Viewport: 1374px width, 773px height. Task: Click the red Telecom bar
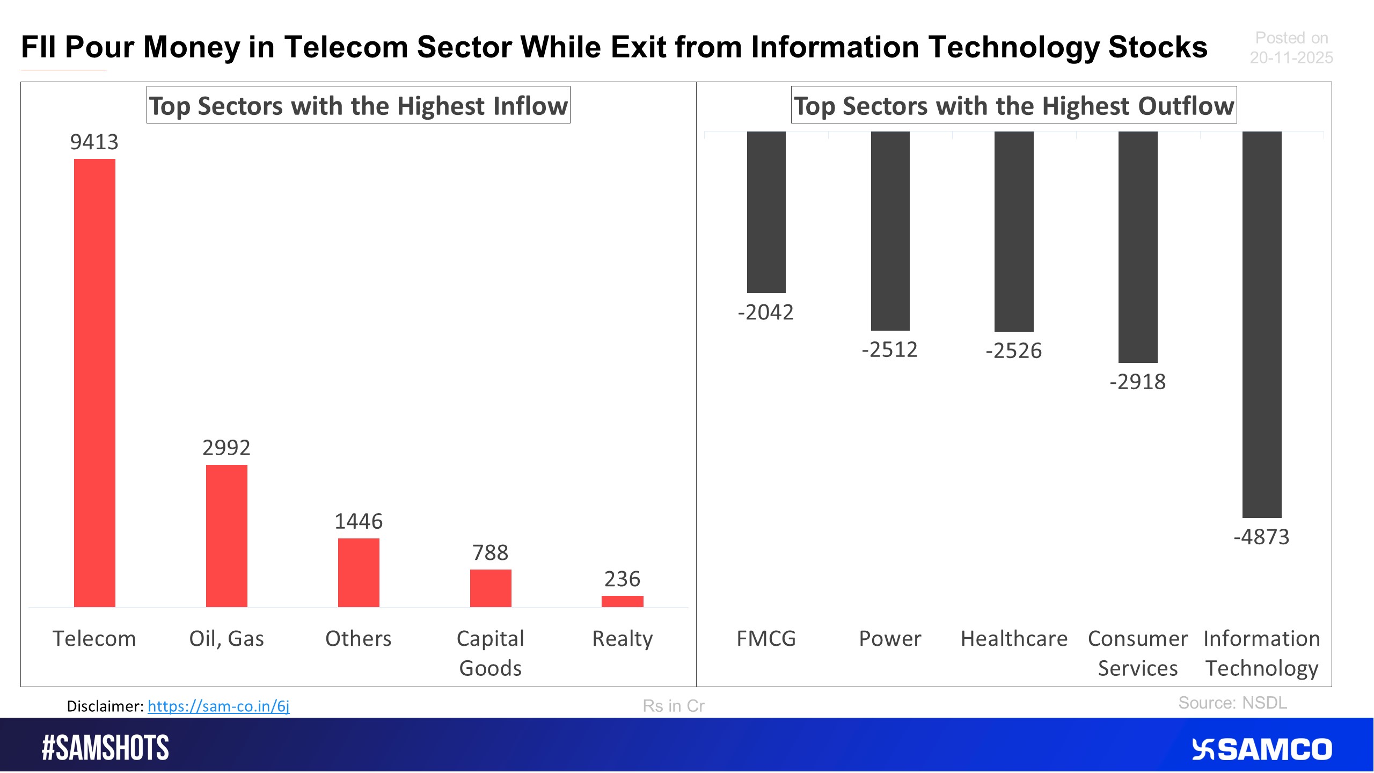point(94,382)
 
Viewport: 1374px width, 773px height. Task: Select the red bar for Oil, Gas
point(226,535)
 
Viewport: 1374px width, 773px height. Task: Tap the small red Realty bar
point(622,601)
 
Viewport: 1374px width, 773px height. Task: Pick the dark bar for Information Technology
point(1261,324)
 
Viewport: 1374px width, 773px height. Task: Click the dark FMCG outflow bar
point(766,212)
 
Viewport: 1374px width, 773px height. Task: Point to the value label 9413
point(94,142)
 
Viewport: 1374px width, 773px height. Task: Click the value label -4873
point(1261,537)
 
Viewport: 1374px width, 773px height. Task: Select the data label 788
point(490,552)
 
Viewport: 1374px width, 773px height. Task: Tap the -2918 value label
point(1137,382)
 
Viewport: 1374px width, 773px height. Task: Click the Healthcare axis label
point(1014,639)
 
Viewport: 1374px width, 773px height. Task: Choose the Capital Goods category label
point(490,653)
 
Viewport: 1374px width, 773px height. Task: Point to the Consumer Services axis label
point(1137,653)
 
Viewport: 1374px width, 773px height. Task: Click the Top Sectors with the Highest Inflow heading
point(358,105)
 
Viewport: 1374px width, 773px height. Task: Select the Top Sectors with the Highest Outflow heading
point(1013,105)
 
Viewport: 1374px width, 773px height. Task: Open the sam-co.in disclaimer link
point(218,706)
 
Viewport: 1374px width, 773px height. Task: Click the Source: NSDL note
point(1232,703)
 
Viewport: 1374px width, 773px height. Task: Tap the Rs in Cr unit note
point(673,706)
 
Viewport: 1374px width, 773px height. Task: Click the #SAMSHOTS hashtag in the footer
point(106,748)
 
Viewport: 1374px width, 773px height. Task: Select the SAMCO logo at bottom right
point(1262,749)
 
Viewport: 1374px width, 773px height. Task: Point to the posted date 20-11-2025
point(1291,57)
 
